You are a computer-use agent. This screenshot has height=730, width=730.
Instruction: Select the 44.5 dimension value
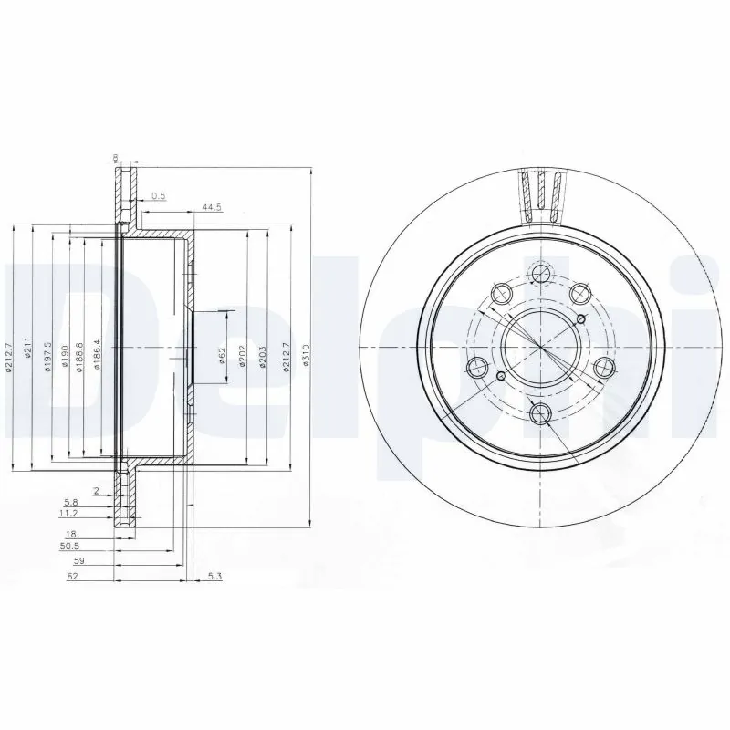click(212, 208)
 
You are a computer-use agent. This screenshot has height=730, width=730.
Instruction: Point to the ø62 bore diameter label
click(223, 356)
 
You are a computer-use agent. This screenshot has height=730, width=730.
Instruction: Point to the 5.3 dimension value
click(214, 575)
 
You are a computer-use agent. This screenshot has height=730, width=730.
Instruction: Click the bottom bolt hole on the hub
click(541, 413)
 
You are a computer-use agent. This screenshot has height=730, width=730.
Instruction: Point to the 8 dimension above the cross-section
click(115, 159)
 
